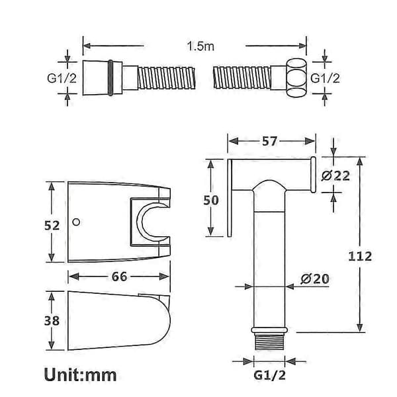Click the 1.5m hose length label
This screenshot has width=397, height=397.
[200, 46]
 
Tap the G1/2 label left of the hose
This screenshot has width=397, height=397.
[62, 78]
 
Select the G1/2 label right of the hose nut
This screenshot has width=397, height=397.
[325, 78]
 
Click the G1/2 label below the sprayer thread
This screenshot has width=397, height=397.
[269, 375]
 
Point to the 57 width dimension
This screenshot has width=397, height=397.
[270, 141]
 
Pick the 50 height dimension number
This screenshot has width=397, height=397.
[211, 200]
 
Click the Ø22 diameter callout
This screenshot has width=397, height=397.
[335, 176]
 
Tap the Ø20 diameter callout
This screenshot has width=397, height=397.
[315, 279]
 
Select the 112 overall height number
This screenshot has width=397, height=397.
[360, 256]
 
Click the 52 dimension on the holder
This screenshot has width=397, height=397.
[52, 226]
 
